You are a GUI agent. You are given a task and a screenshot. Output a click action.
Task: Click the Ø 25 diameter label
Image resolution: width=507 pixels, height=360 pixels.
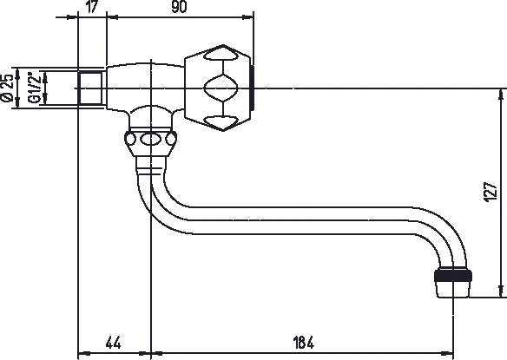pyautogui.click(x=8, y=88)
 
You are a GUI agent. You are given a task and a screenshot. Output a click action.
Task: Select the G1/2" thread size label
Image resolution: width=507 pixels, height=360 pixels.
pyautogui.click(x=34, y=88)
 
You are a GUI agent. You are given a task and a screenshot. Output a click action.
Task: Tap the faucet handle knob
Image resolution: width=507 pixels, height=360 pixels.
pyautogui.click(x=217, y=87)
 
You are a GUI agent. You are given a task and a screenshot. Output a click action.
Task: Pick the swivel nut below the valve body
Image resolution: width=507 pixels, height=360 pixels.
pyautogui.click(x=151, y=141)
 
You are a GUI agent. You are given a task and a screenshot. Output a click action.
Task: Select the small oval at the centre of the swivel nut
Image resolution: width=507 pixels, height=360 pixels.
pyautogui.click(x=151, y=139)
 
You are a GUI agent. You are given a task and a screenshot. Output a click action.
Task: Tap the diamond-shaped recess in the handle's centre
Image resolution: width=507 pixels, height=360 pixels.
pyautogui.click(x=217, y=88)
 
